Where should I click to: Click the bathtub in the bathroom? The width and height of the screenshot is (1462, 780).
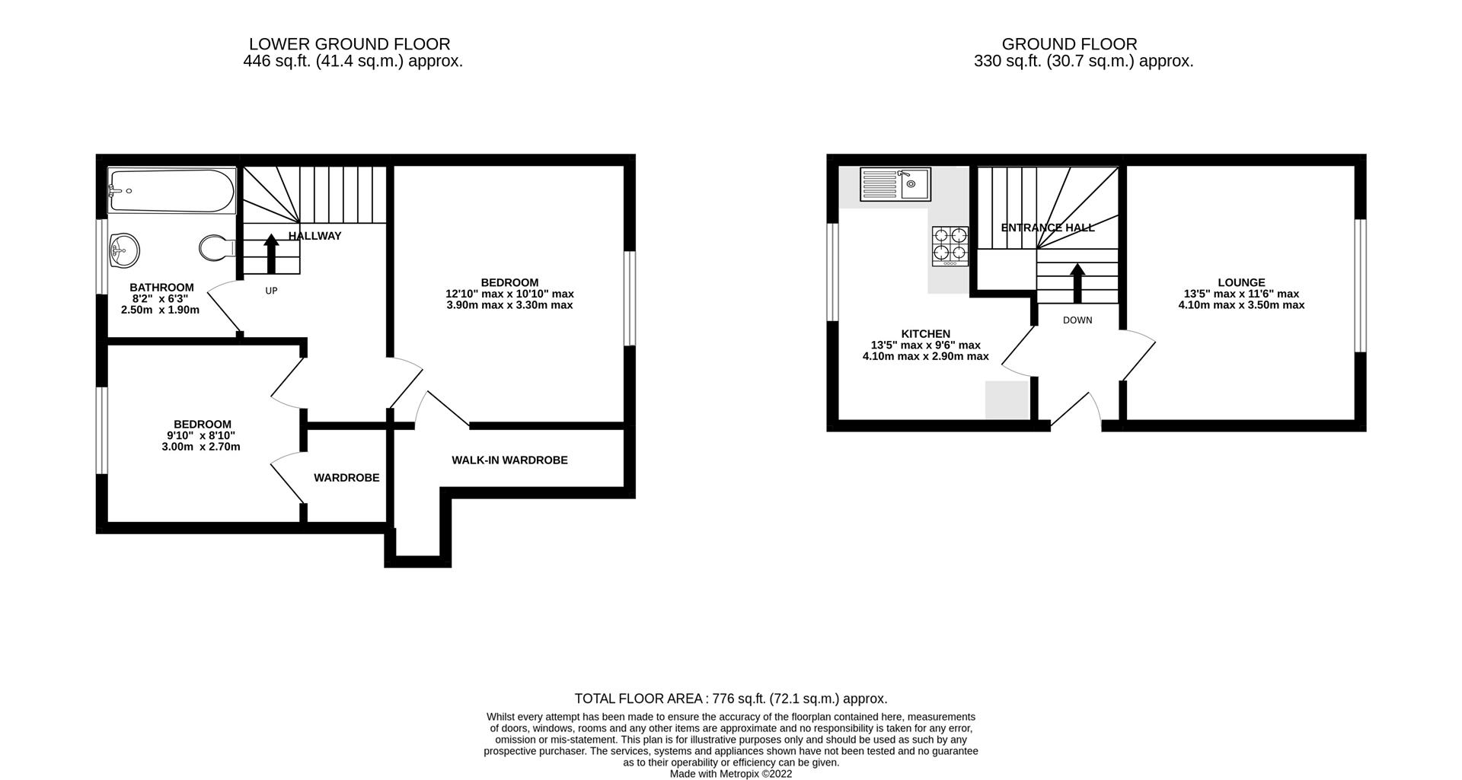171,191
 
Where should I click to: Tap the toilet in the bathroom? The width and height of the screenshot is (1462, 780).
215,247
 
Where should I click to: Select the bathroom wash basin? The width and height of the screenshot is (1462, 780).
124,250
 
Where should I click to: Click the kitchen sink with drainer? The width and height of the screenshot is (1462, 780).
895,184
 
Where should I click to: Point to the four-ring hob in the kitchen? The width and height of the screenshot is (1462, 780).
950,246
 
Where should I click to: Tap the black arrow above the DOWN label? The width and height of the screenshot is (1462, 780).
1077,284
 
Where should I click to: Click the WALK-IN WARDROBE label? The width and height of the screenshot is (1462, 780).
509,460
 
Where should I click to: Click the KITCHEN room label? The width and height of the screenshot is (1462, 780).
925,333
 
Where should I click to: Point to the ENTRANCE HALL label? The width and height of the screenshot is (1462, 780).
1047,228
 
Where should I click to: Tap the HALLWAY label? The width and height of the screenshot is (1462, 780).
314,236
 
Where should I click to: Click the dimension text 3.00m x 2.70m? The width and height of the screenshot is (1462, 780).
201,447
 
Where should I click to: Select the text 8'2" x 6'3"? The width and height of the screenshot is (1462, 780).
161,299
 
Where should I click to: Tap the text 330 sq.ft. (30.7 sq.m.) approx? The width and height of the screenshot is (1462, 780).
1083,62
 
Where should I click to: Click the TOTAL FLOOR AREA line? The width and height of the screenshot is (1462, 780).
730,699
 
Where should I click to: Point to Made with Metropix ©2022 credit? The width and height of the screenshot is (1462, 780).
730,773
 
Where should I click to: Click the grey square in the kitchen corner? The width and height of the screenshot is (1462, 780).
1007,400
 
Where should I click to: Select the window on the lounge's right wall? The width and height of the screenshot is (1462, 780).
1360,285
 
